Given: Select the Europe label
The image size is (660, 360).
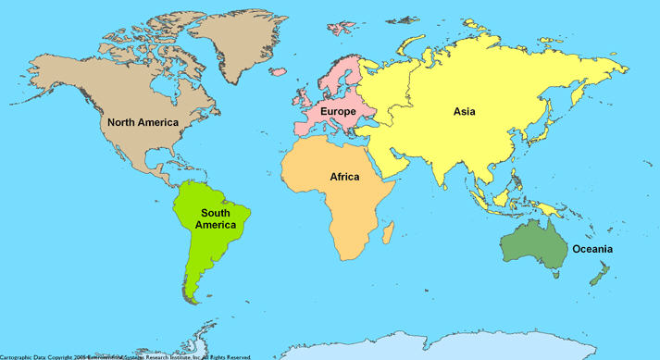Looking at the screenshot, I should pyautogui.click(x=338, y=112).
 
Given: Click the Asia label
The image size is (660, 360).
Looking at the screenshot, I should pyautogui.click(x=464, y=112).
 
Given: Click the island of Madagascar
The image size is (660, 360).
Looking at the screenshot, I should pyautogui.click(x=389, y=228).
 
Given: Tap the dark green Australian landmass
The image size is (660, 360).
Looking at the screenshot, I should pyautogui.click(x=532, y=243).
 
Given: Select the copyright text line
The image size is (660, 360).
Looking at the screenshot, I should pyautogui.click(x=125, y=355).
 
